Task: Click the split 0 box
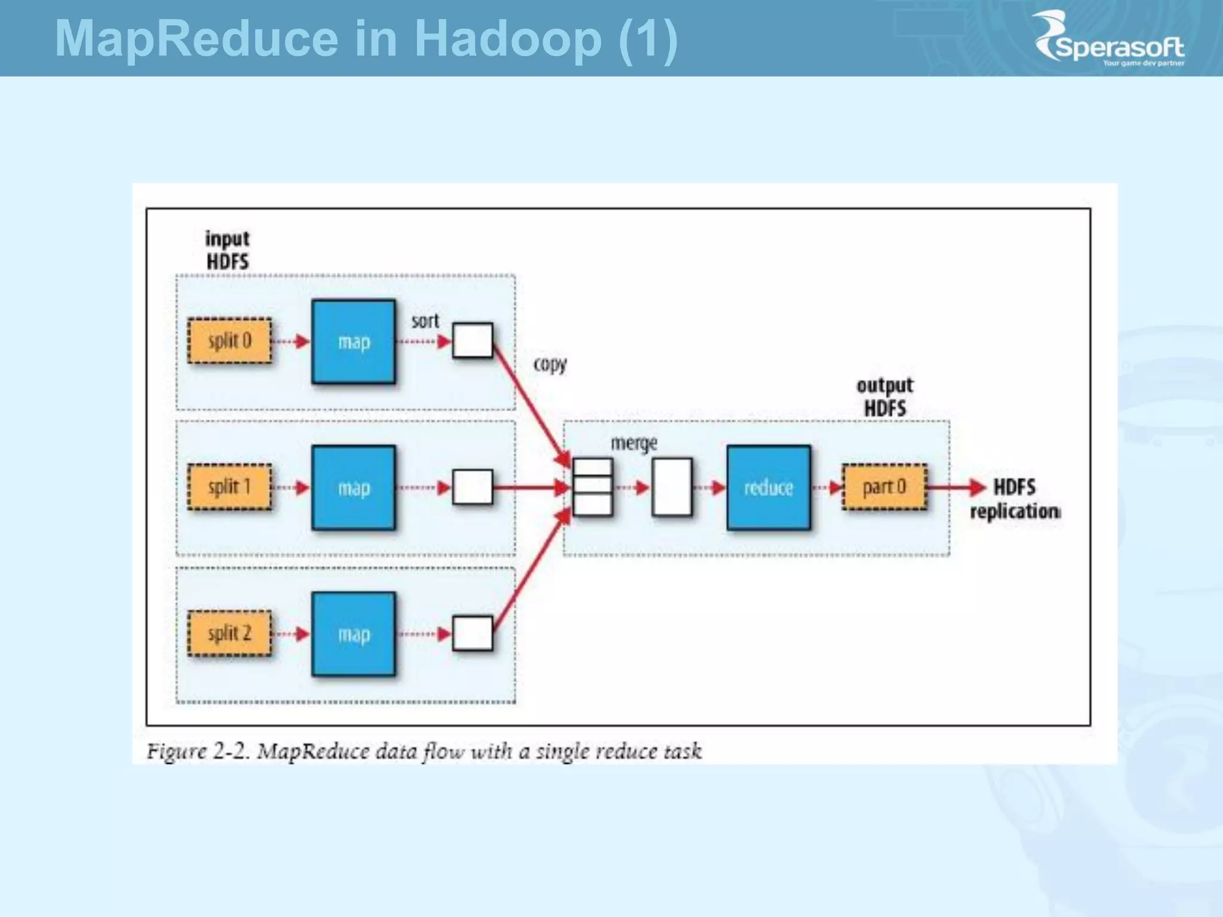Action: pyautogui.click(x=230, y=341)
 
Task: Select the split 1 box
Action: pyautogui.click(x=230, y=487)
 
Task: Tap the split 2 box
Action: pyautogui.click(x=230, y=633)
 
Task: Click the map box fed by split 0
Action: pyautogui.click(x=354, y=341)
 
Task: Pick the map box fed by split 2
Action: pyautogui.click(x=354, y=634)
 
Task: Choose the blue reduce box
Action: pyautogui.click(x=769, y=488)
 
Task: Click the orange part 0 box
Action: pyautogui.click(x=884, y=487)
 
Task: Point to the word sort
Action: pyautogui.click(x=425, y=321)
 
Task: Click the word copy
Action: pyautogui.click(x=550, y=364)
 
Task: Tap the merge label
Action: pyautogui.click(x=634, y=444)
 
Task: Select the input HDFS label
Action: pyautogui.click(x=228, y=250)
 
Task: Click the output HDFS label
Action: pyautogui.click(x=885, y=397)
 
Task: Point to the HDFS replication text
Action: pyautogui.click(x=1015, y=499)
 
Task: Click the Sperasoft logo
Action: pyautogui.click(x=1110, y=39)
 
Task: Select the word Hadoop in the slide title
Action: pyautogui.click(x=508, y=39)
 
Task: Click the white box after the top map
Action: pyautogui.click(x=472, y=340)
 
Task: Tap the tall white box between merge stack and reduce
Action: pyautogui.click(x=672, y=487)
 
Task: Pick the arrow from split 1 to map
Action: pyautogui.click(x=291, y=487)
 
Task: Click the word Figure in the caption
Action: pyautogui.click(x=177, y=751)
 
